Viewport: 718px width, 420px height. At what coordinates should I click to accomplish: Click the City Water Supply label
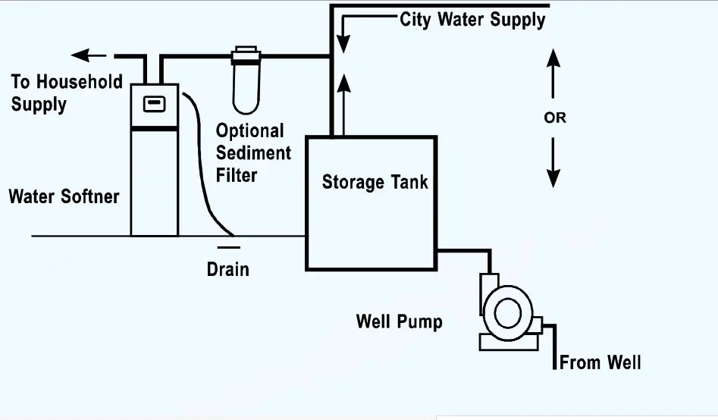coord(472,20)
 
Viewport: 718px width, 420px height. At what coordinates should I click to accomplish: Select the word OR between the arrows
coord(555,118)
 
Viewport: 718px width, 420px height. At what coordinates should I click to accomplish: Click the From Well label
coord(600,362)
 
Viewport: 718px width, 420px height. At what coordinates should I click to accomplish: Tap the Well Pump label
coord(399,321)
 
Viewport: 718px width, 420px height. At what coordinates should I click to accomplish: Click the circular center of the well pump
coord(508,312)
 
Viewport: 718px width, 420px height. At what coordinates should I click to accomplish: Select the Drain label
coord(228,268)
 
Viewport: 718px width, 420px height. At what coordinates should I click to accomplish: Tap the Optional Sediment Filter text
coord(253,153)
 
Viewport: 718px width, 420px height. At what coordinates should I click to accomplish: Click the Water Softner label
coord(64,197)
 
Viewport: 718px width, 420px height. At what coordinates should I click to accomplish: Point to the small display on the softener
coord(155,103)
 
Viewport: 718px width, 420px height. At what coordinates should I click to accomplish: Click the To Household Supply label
coord(66,92)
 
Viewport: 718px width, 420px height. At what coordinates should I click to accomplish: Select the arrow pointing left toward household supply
coord(89,55)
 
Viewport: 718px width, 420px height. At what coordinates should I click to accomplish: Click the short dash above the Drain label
coord(228,247)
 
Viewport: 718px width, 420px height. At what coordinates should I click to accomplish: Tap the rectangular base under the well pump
coord(508,341)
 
